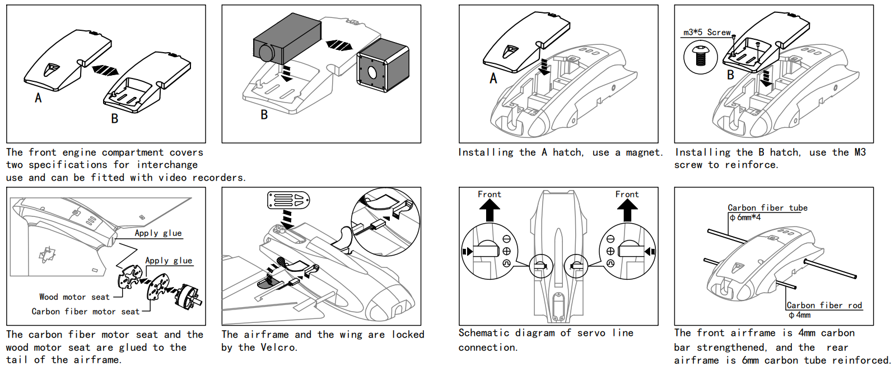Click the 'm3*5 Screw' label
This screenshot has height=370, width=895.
[x=707, y=33]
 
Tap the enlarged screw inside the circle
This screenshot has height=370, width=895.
[x=700, y=57]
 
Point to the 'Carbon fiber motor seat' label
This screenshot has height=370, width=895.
[x=85, y=312]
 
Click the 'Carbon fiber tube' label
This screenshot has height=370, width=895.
[x=767, y=208]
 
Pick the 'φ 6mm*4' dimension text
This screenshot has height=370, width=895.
[x=745, y=218]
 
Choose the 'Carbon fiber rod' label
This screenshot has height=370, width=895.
[x=824, y=306]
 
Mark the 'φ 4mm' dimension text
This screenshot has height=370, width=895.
[x=800, y=315]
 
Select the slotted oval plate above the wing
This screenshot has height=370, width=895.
[x=288, y=200]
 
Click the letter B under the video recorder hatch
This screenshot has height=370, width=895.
[x=264, y=115]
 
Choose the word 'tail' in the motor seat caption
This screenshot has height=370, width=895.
[x=17, y=360]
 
